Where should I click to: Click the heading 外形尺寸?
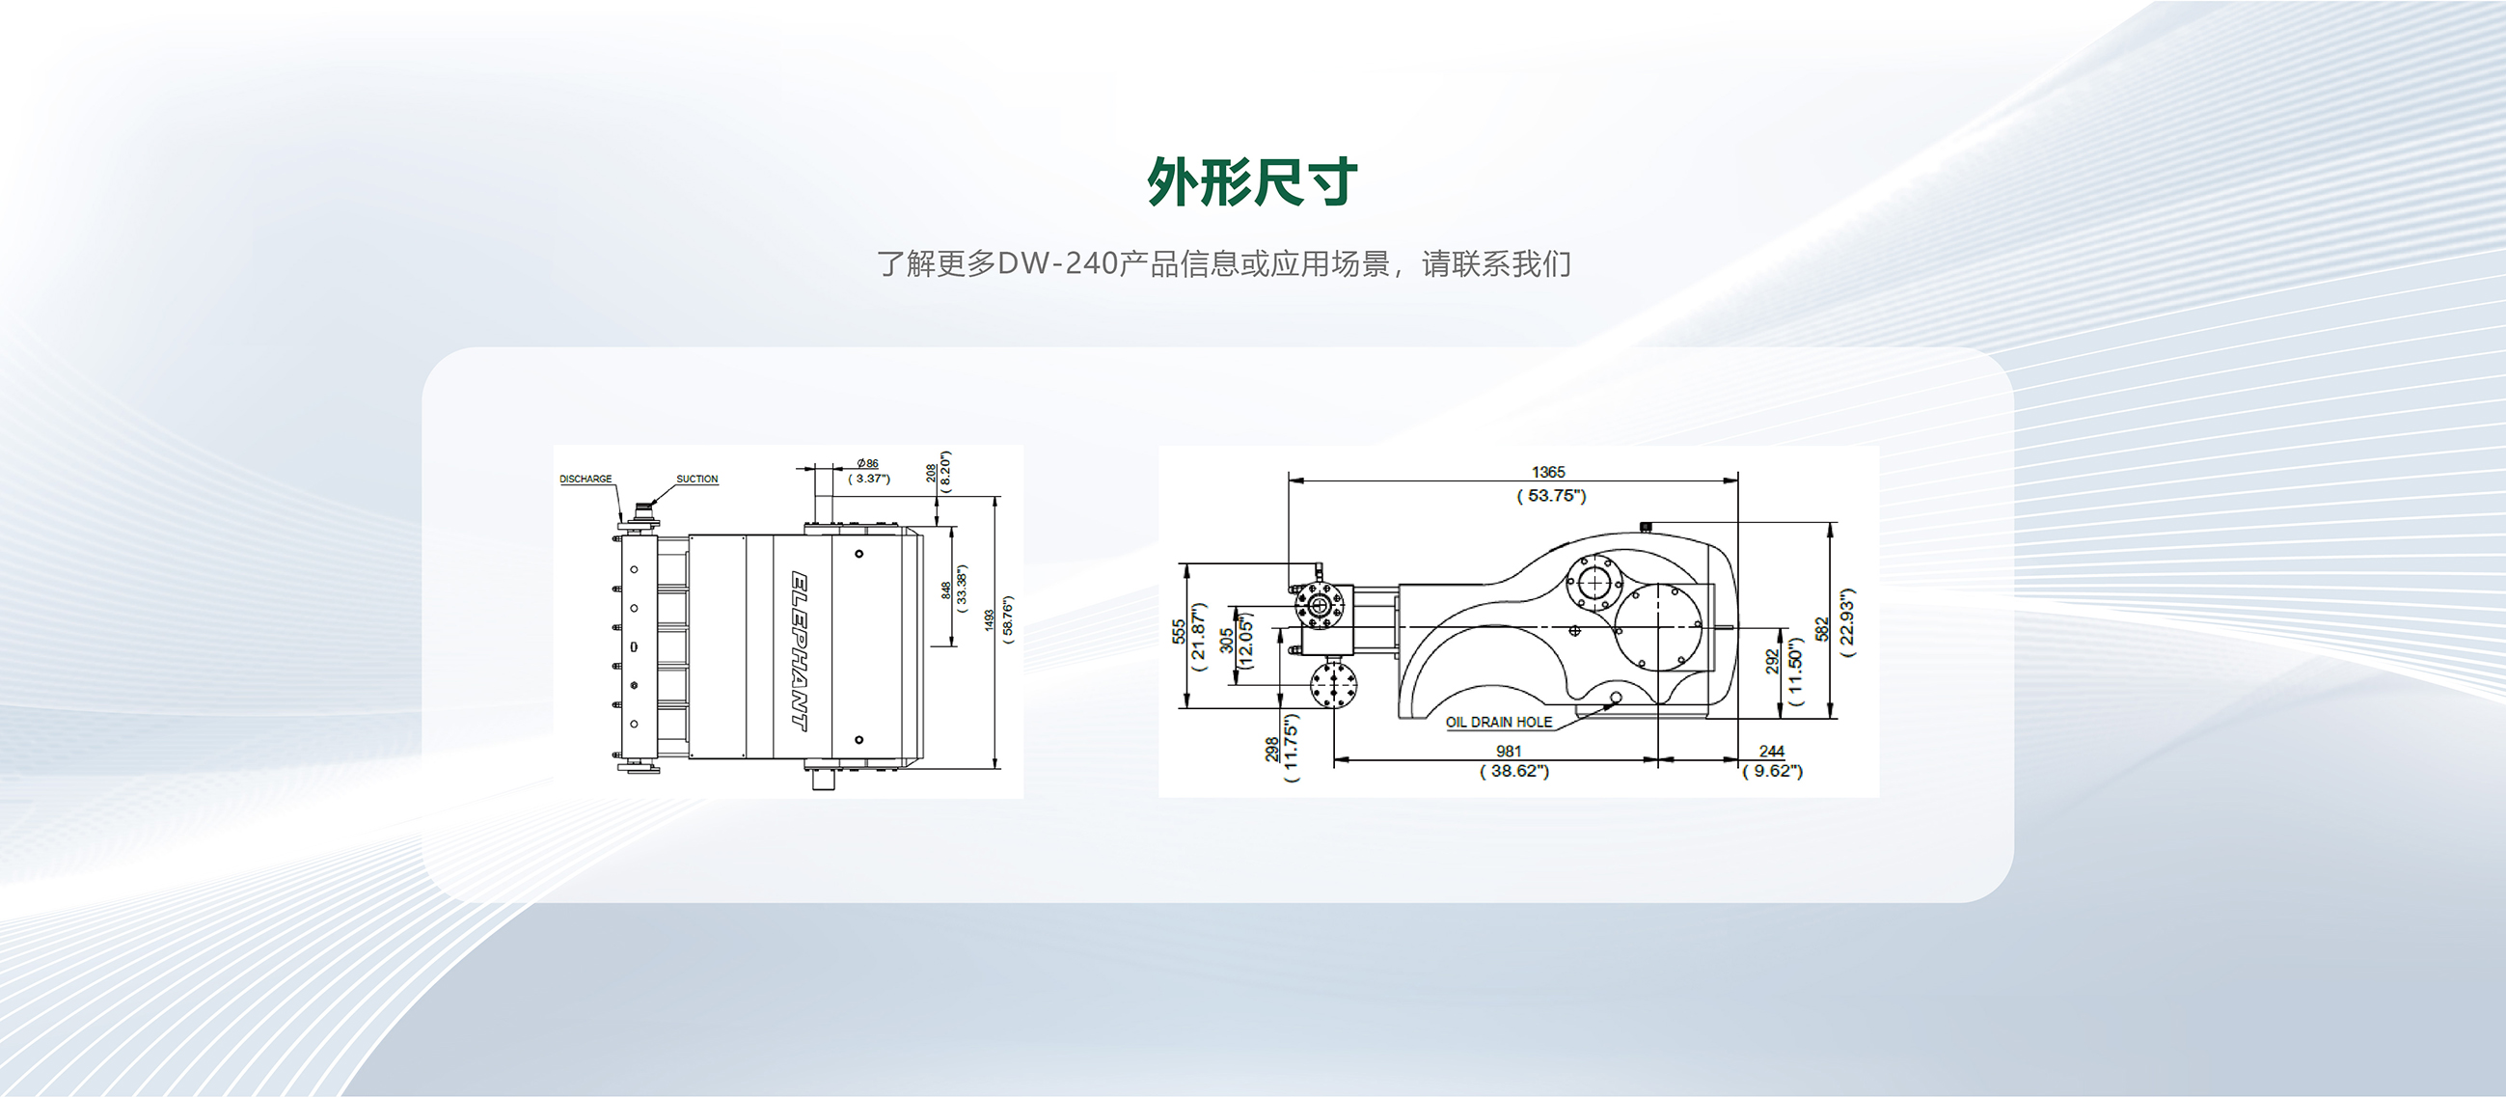tap(1252, 182)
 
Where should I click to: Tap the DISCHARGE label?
tap(586, 479)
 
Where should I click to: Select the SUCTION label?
tap(696, 479)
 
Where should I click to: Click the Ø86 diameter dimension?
tap(868, 463)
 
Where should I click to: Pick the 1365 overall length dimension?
tap(1548, 472)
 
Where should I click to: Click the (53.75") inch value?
tap(1551, 496)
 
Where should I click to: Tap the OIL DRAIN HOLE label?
tap(1498, 723)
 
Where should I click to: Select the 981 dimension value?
tap(1509, 751)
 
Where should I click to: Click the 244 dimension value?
tap(1772, 751)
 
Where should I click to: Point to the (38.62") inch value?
tap(1513, 771)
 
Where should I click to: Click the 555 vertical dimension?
tap(1179, 631)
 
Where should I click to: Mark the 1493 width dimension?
tap(990, 620)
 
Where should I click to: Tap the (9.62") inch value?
tap(1772, 771)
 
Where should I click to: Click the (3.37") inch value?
tap(869, 479)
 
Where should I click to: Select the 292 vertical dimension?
tap(1773, 662)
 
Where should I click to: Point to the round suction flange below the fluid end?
tap(1333, 685)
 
